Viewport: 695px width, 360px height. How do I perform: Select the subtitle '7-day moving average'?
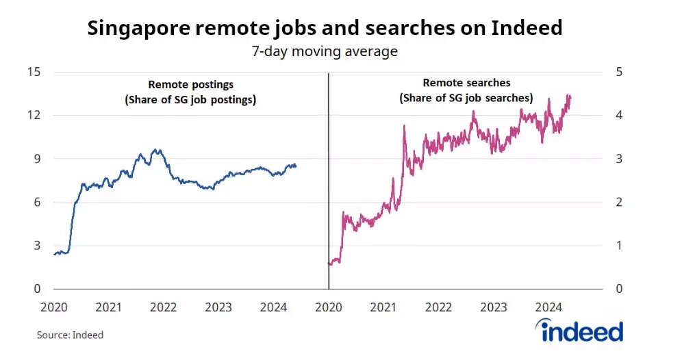coord(325,51)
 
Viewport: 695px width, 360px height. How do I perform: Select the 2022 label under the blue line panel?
coord(164,307)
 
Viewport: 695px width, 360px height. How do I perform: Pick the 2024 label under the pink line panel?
coord(548,307)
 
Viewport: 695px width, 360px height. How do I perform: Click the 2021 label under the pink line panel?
coord(383,307)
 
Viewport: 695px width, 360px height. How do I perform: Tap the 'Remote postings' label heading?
coord(191,85)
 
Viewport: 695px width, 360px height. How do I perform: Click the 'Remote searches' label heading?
coord(466,83)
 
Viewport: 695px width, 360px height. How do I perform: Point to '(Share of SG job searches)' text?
coord(466,99)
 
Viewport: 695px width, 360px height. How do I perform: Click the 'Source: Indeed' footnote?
coord(70,335)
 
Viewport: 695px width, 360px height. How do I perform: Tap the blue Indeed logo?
coord(582,332)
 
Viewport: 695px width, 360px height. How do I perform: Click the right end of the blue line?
coord(296,166)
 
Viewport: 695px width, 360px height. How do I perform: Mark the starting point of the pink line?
coord(329,263)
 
